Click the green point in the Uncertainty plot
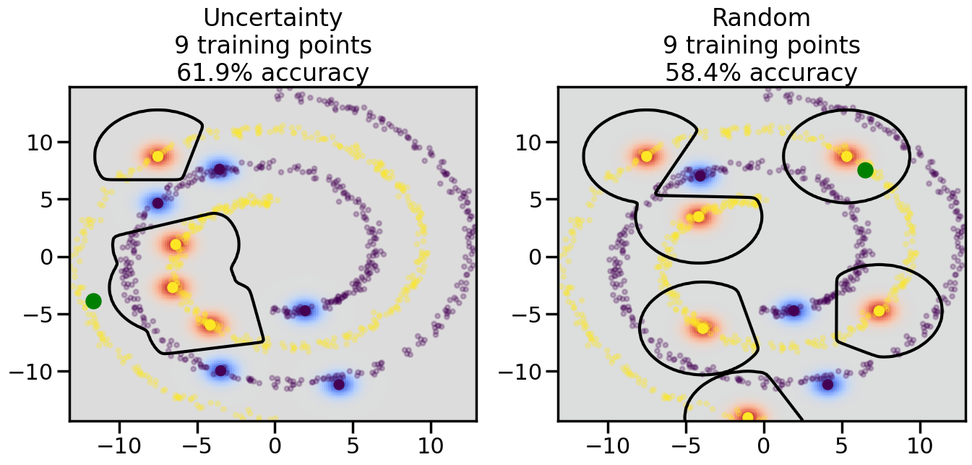click(93, 301)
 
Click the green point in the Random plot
click(865, 170)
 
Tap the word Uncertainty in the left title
click(272, 17)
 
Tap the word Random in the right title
click(761, 17)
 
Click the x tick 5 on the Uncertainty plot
click(352, 442)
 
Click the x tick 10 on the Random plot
click(919, 442)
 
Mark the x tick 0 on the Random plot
click(763, 442)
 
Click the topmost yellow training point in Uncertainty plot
click(158, 156)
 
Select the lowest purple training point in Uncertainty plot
click(338, 384)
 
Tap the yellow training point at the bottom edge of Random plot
click(747, 417)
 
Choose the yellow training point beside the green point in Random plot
click(846, 156)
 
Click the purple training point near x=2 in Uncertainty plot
click(304, 311)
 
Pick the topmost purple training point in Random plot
click(700, 175)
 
